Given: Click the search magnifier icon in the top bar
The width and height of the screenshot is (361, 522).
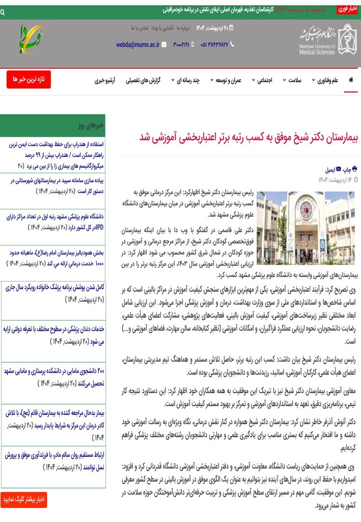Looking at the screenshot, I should click(3, 12).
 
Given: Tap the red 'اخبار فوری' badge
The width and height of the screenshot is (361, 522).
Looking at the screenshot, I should click(347, 9).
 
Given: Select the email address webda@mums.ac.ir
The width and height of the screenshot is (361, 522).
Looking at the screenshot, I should click(138, 44).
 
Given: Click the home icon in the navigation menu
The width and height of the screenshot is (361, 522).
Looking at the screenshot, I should click(350, 80).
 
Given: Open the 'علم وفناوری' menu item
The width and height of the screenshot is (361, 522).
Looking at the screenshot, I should click(327, 80).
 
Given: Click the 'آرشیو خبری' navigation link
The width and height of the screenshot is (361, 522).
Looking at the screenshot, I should click(105, 80).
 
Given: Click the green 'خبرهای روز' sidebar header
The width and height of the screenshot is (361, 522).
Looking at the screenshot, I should click(53, 126).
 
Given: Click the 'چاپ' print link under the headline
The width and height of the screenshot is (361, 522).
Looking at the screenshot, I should click(350, 169).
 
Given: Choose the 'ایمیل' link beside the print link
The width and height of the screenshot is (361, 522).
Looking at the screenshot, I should click(331, 169).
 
